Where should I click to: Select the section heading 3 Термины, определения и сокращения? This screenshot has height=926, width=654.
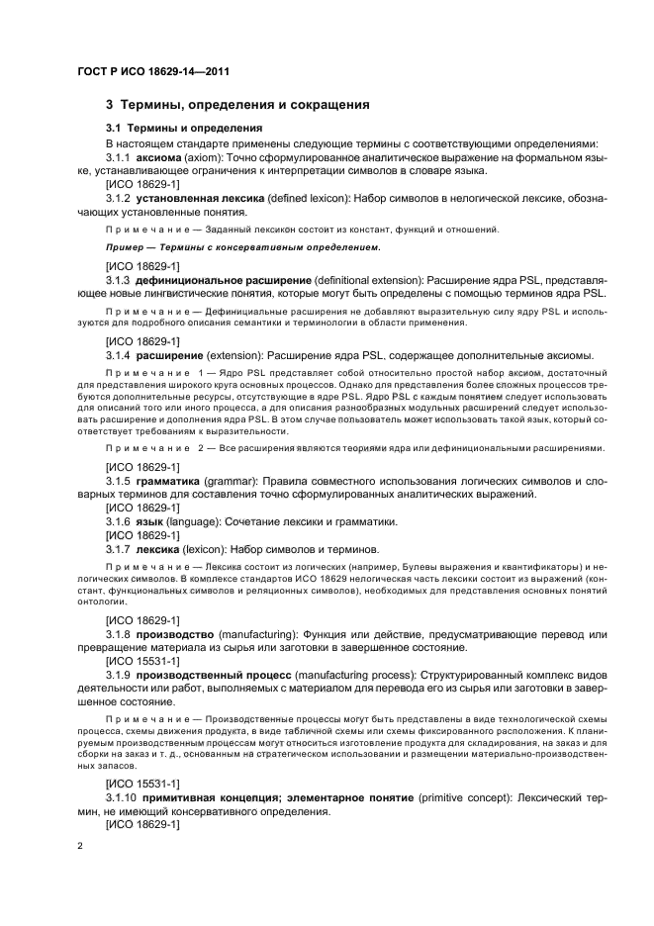tap(237, 104)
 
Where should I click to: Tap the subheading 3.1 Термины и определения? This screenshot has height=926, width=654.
tap(184, 128)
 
